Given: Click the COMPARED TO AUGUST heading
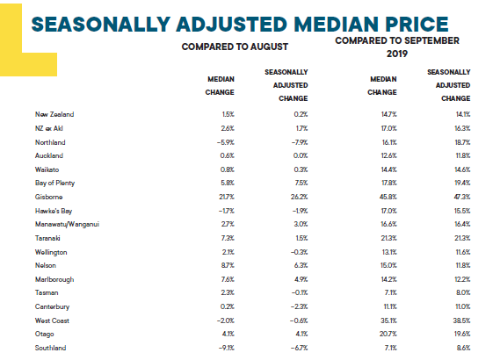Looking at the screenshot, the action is coord(235,47).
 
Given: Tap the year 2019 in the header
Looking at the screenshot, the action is coord(397,54).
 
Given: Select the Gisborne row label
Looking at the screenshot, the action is coord(48,197).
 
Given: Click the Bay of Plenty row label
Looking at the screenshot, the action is coord(54,184).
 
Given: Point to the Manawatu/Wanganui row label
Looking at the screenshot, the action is coord(67,224).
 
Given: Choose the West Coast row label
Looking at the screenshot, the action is coord(52,320).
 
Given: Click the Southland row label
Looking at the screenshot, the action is coord(50,348).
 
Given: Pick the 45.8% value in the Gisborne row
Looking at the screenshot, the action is coord(388,197).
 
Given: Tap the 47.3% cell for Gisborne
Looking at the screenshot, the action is coord(462,197).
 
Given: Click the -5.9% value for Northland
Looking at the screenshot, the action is coord(226,142).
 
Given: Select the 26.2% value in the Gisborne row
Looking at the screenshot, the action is coord(299,197).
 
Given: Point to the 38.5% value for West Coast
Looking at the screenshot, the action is coord(462,320).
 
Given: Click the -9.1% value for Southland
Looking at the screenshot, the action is coord(226,348).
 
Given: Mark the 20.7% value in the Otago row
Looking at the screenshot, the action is coord(388,334).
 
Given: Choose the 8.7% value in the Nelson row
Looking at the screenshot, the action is coord(228,265).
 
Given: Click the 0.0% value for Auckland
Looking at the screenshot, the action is coord(301,155).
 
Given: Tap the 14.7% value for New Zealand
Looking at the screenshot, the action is coord(389,114).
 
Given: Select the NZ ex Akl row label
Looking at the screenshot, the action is coord(48,128).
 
